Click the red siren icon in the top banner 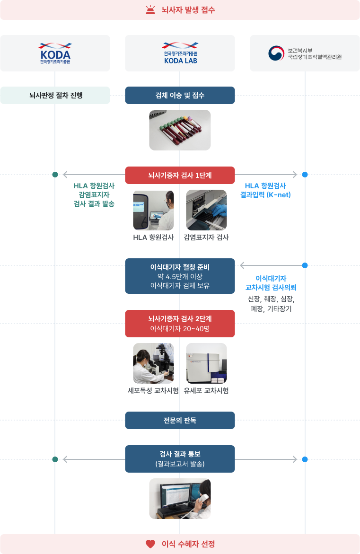(150, 9)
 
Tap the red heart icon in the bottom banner (150, 544)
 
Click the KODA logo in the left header (55, 53)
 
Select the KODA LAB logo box (180, 53)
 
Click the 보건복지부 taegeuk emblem (275, 53)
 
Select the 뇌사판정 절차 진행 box (55, 95)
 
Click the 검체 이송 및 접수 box (180, 95)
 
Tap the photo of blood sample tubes (180, 130)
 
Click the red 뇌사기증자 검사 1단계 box (180, 175)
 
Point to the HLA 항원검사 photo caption (153, 237)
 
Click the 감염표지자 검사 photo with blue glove (206, 210)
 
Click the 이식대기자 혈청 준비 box (180, 276)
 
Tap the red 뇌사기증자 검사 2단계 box (180, 324)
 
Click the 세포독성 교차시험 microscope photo (153, 363)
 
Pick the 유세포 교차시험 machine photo (206, 363)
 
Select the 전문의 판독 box (180, 420)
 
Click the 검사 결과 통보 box (180, 459)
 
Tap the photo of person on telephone (180, 499)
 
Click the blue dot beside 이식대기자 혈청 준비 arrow (305, 265)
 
